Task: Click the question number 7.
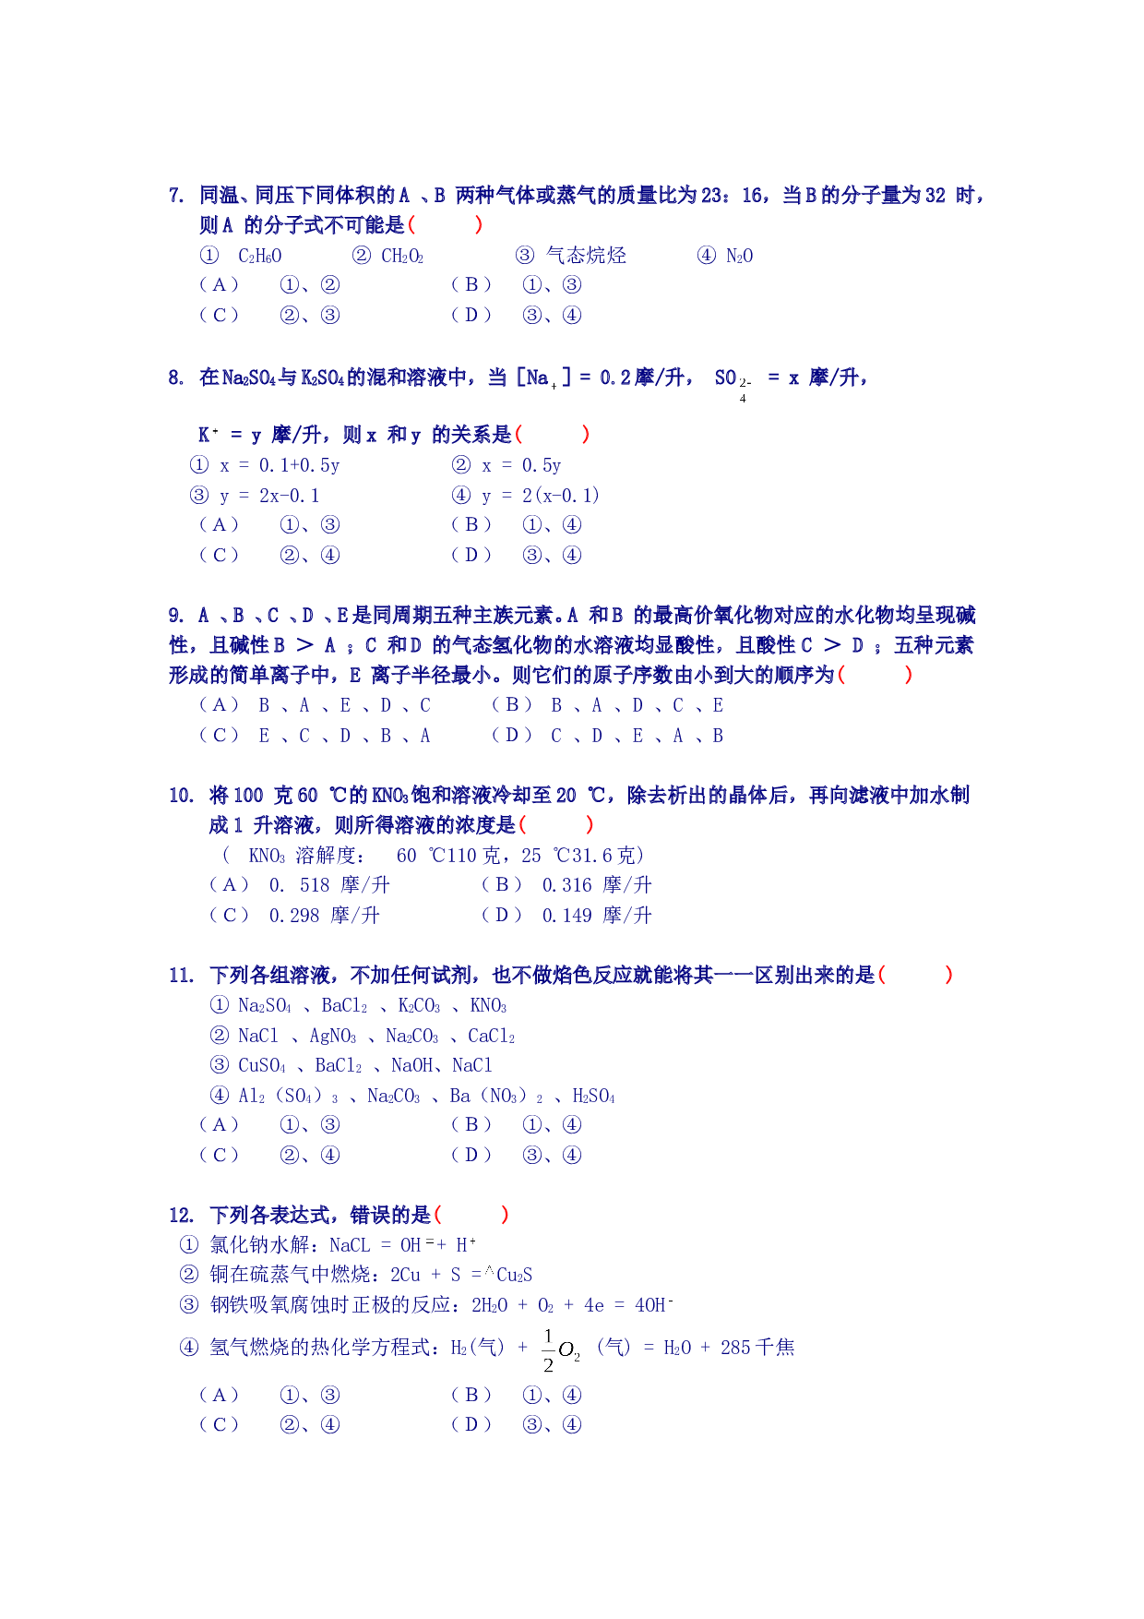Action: point(176,196)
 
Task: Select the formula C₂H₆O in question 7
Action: point(260,256)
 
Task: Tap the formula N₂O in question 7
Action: point(739,256)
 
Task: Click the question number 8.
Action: point(176,378)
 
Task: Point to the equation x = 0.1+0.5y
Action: point(280,465)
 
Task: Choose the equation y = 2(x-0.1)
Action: point(541,496)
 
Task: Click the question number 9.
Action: point(176,616)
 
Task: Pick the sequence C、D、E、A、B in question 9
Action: point(637,736)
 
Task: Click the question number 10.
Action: point(181,796)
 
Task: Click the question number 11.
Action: point(181,976)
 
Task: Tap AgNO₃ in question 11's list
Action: point(333,1037)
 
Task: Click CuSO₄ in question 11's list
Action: point(262,1066)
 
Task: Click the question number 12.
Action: point(181,1216)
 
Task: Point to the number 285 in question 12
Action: point(735,1348)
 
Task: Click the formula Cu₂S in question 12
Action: point(515,1276)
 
